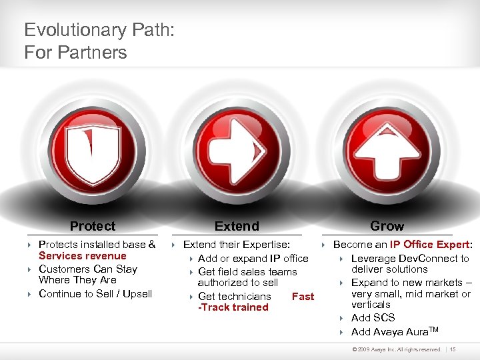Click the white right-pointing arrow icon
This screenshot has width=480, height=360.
pyautogui.click(x=237, y=155)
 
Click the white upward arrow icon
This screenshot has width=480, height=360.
pyautogui.click(x=387, y=155)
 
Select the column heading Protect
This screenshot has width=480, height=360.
pyautogui.click(x=92, y=226)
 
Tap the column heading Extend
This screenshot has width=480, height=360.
pyautogui.click(x=237, y=226)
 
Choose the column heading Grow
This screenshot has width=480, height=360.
pyautogui.click(x=387, y=226)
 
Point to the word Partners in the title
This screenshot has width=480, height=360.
pyautogui.click(x=91, y=52)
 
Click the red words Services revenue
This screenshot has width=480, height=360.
pyautogui.click(x=82, y=256)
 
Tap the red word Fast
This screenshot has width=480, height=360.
pyautogui.click(x=303, y=296)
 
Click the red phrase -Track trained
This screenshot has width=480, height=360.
pyautogui.click(x=233, y=307)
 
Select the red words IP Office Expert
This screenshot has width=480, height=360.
pyautogui.click(x=429, y=245)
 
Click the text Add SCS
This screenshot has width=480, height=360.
pyautogui.click(x=373, y=318)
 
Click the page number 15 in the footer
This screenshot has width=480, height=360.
pyautogui.click(x=453, y=349)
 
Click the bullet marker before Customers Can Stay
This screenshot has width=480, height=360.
pyautogui.click(x=30, y=269)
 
